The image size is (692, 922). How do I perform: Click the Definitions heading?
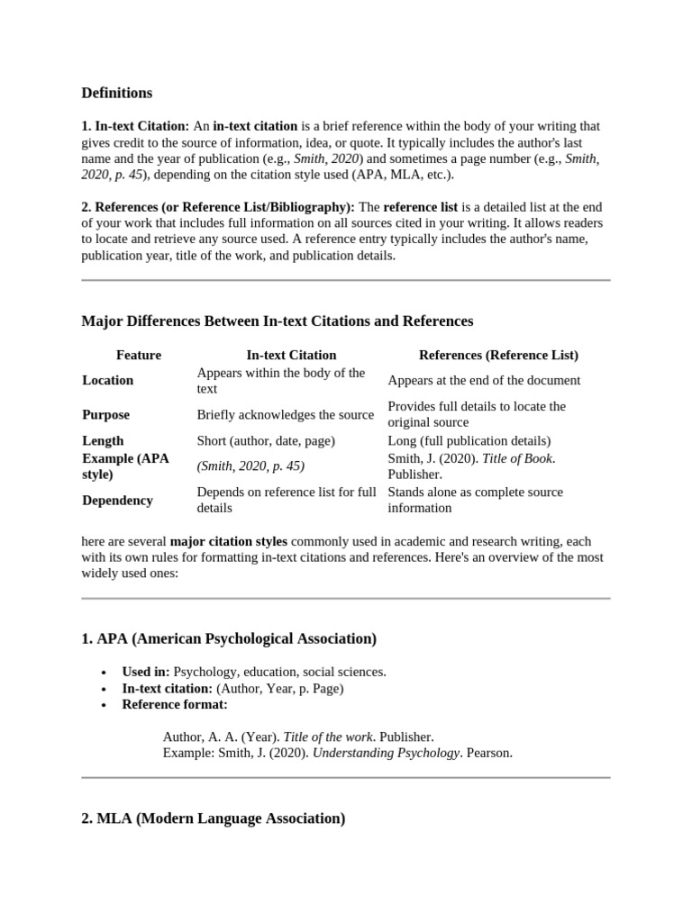(x=117, y=93)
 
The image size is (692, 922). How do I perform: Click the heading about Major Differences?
(x=277, y=321)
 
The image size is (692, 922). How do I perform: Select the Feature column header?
(x=139, y=355)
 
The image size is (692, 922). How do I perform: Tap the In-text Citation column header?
(x=291, y=355)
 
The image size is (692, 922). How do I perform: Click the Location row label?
(x=107, y=380)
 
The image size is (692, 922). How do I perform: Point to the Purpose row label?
(x=105, y=414)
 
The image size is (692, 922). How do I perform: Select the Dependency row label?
(x=117, y=500)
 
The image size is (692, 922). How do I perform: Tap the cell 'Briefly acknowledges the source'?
(x=285, y=414)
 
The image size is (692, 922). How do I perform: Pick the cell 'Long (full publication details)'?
(x=469, y=440)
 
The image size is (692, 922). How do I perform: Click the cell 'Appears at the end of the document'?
(x=484, y=380)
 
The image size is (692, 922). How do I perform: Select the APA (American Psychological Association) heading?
(x=229, y=638)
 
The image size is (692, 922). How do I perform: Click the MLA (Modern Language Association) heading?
(x=213, y=818)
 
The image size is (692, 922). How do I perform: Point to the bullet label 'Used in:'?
(x=146, y=672)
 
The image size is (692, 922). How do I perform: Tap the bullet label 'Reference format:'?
(x=175, y=704)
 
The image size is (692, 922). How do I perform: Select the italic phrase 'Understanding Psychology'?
(x=387, y=753)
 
